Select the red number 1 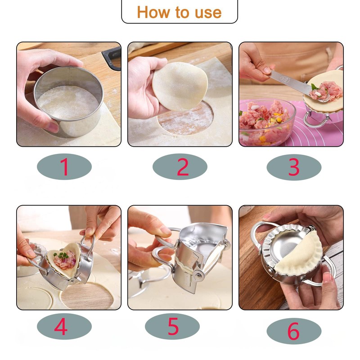point(64,166)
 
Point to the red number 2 point(183,167)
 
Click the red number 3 point(294,167)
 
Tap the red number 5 point(173,326)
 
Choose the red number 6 point(293,331)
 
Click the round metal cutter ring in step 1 point(69,102)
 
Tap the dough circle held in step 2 point(180,86)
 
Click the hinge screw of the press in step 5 point(198,275)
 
